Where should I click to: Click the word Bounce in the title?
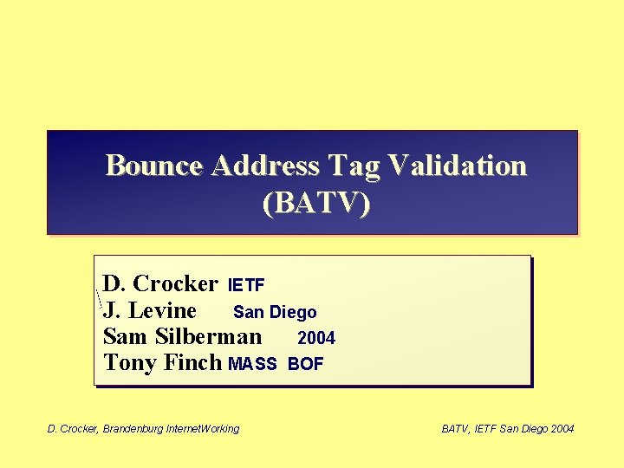(153, 165)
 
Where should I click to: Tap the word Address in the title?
(265, 165)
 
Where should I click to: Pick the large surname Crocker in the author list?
(176, 283)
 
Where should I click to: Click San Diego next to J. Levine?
(275, 312)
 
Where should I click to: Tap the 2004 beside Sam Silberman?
(315, 338)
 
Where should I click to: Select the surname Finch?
(192, 361)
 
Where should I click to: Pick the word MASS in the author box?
(252, 364)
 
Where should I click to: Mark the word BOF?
(305, 364)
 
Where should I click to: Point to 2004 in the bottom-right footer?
(560, 429)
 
